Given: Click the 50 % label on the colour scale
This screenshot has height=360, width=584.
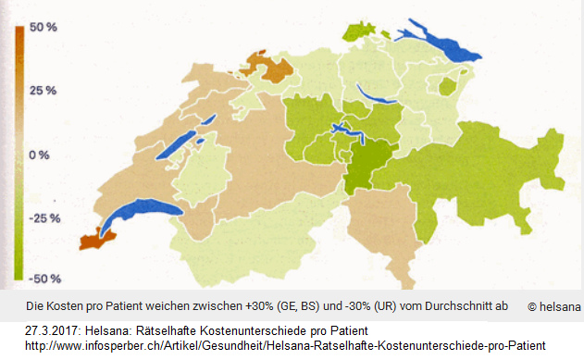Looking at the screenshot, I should coord(43,28).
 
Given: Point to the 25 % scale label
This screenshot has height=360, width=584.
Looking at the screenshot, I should coord(43,91).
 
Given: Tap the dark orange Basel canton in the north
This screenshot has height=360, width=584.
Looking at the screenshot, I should coord(269,67).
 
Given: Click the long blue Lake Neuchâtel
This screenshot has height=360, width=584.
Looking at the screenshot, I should coord(196,133).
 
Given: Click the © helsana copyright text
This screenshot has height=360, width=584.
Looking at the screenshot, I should coord(553,306).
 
